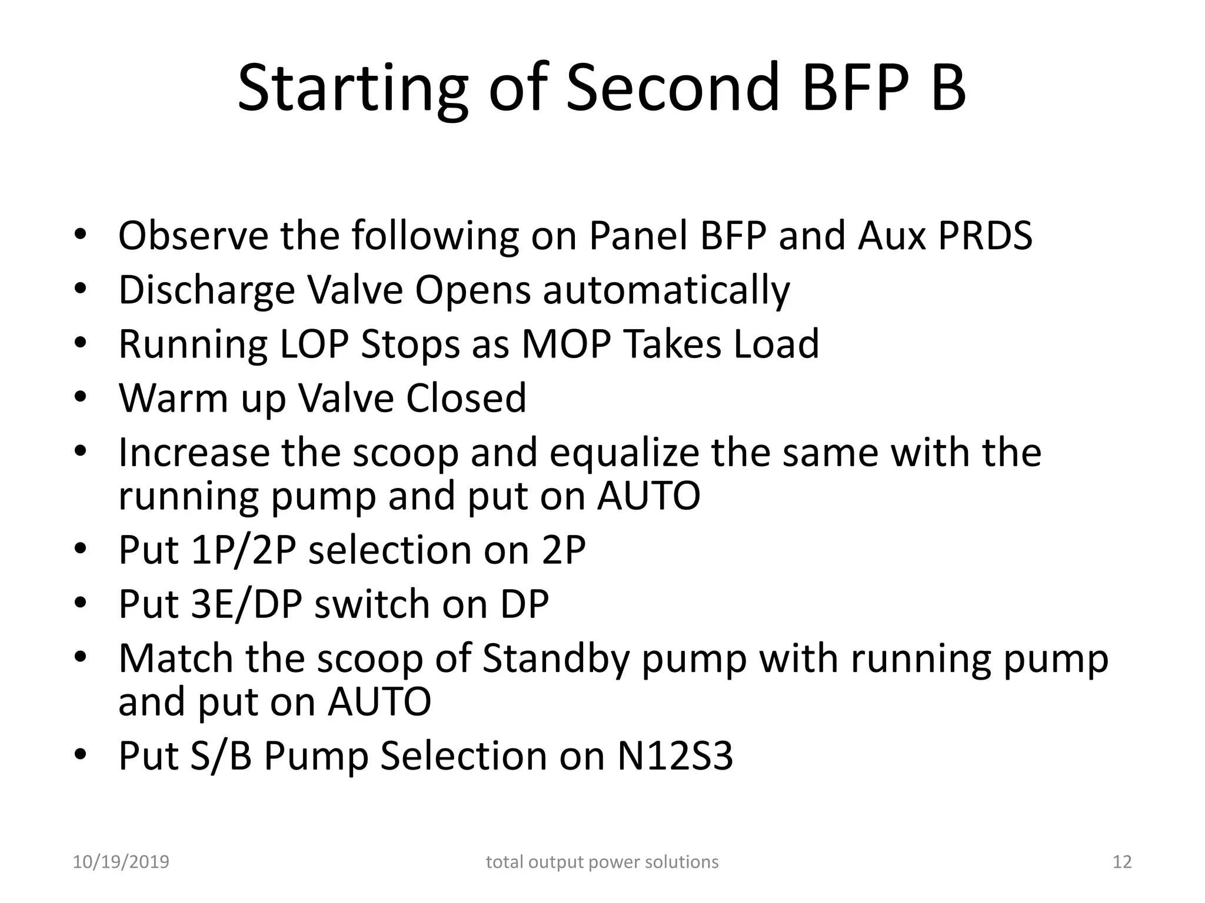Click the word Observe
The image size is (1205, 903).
pos(194,236)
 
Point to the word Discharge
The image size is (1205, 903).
pos(207,290)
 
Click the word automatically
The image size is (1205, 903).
pos(666,290)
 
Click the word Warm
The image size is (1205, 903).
pos(173,399)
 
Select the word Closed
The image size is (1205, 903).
pos(466,399)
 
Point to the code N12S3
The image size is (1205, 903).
pos(675,757)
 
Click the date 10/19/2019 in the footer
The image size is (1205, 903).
pos(121,862)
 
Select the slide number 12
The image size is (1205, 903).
pos(1122,862)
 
